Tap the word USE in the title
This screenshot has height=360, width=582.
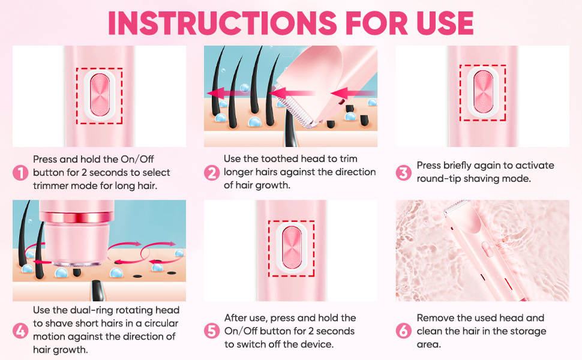[x=445, y=23]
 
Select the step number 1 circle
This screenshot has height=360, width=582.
[x=20, y=173]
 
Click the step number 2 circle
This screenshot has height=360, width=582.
[x=212, y=173]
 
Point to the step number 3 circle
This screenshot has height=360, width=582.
[x=403, y=173]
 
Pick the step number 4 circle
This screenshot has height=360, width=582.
[x=20, y=331]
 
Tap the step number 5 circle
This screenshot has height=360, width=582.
[x=212, y=331]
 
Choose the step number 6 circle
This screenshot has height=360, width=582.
[x=403, y=331]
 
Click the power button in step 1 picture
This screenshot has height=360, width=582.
[x=100, y=95]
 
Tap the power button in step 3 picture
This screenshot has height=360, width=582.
[x=483, y=92]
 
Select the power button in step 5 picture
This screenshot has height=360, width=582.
[x=292, y=248]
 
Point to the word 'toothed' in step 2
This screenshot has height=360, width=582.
[x=280, y=159]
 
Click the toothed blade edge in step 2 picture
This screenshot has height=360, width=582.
[x=295, y=107]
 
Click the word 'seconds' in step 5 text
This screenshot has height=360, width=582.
[x=335, y=331]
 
